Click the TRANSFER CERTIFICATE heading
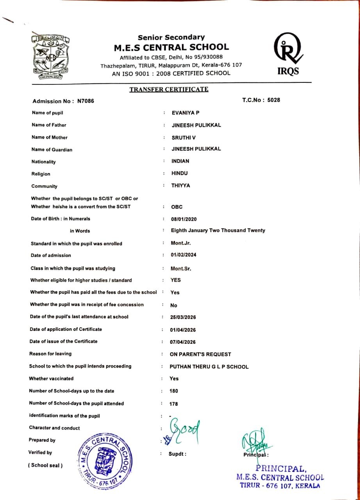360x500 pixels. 169,89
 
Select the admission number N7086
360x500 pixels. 86,101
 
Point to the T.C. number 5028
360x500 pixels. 273,100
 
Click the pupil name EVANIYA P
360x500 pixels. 186,113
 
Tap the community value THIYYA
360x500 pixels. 180,186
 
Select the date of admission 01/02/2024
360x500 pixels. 184,255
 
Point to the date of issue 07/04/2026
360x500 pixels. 183,342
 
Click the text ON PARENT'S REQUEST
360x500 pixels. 200,354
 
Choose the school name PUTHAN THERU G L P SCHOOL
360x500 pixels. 209,367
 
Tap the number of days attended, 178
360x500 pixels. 174,404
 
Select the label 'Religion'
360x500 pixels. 41,174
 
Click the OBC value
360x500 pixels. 176,207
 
